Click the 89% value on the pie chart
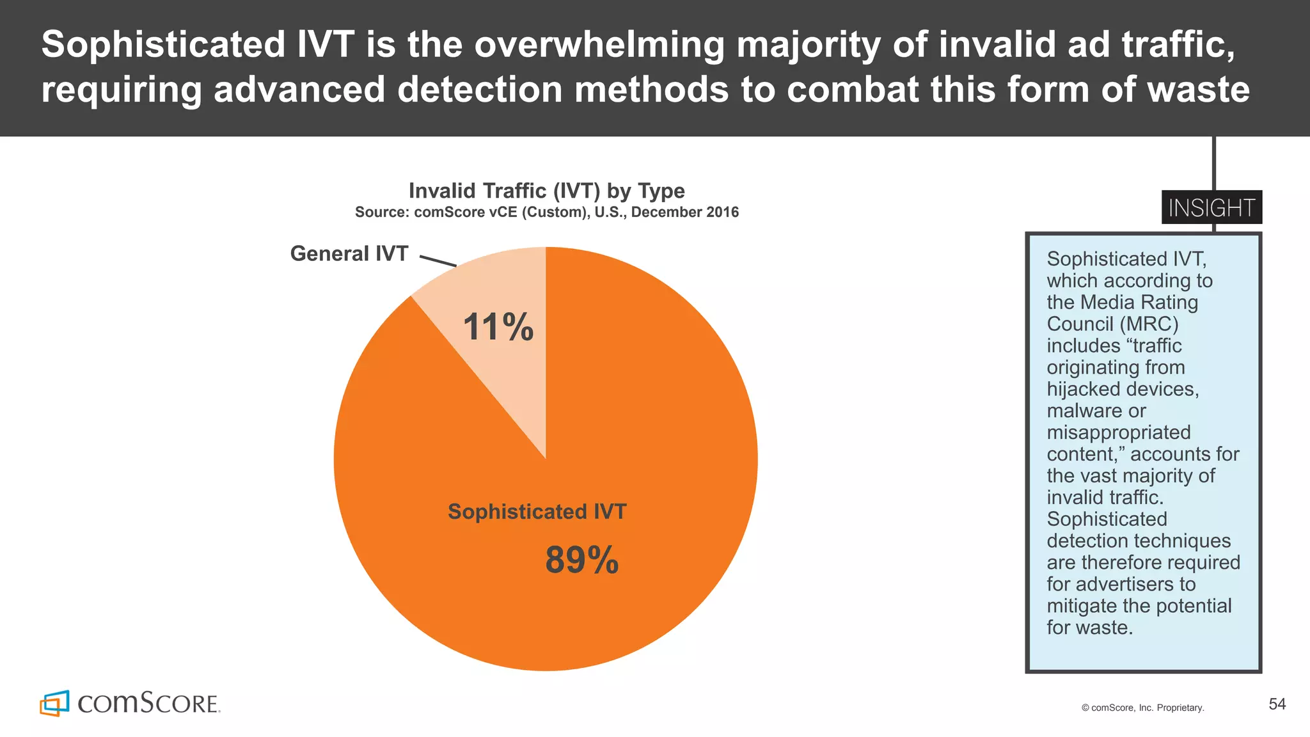pos(581,560)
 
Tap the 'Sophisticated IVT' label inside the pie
pos(537,512)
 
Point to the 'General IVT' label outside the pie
pos(349,254)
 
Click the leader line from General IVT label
pos(438,260)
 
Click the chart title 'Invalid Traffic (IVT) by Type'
pos(546,191)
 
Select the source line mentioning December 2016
pos(546,212)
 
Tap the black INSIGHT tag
pos(1211,208)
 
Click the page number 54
pos(1277,704)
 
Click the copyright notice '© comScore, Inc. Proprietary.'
pos(1142,708)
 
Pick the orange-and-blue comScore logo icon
pos(54,703)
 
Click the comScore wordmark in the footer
pos(148,703)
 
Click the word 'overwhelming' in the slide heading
pos(600,45)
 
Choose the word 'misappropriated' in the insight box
pos(1118,432)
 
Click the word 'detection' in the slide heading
pos(480,89)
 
